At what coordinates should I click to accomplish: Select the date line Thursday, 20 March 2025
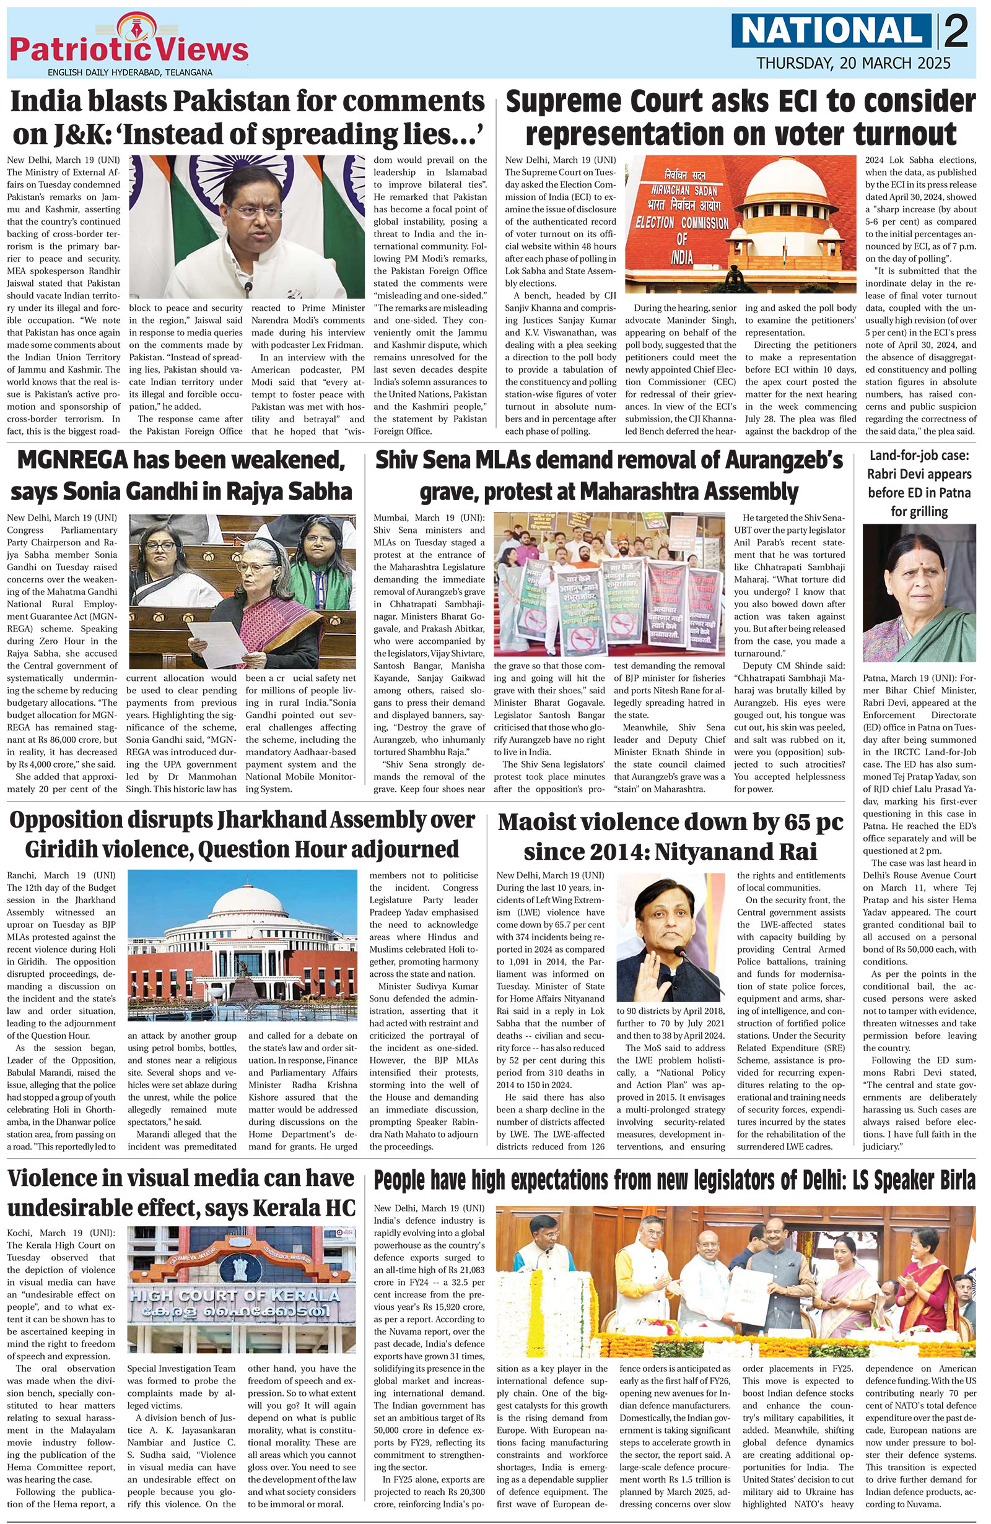pos(853,63)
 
